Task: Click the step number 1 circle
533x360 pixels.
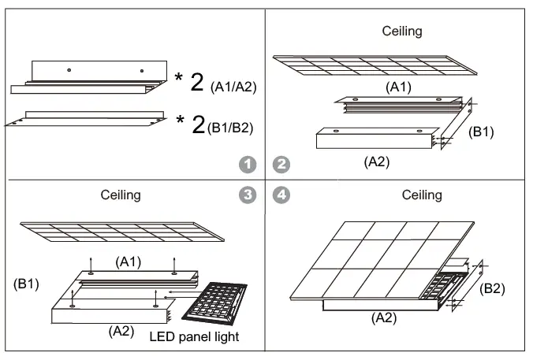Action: (x=248, y=165)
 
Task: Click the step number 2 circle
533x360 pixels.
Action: (x=281, y=165)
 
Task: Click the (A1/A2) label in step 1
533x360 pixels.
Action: (x=234, y=88)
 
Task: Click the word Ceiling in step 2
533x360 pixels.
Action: (x=402, y=32)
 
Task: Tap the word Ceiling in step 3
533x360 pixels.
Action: (x=121, y=195)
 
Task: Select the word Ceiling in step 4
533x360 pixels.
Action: (x=423, y=195)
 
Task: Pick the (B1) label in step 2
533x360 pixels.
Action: (x=481, y=132)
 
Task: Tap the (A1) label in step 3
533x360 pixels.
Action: (x=129, y=262)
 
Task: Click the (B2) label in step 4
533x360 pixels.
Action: (x=494, y=288)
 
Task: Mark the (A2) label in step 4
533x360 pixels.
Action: (x=384, y=318)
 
